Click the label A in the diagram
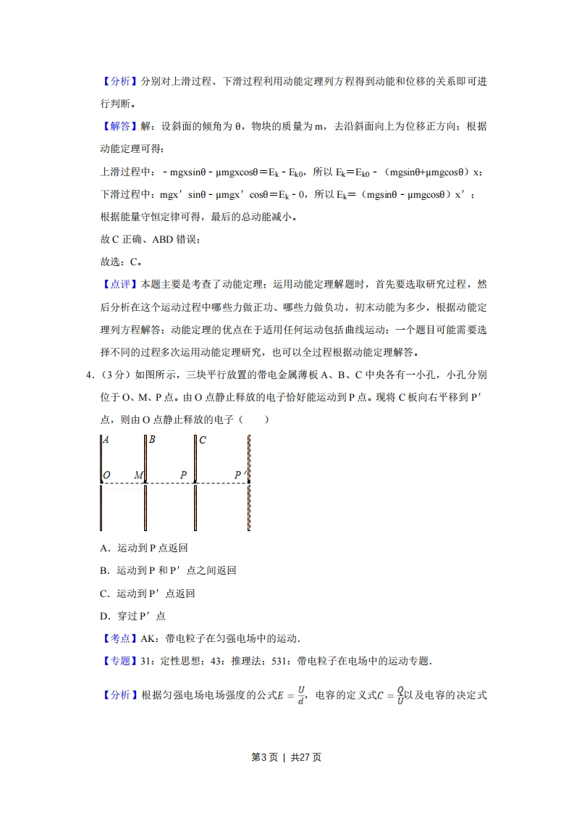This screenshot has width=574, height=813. [106, 440]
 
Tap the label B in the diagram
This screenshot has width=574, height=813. [152, 440]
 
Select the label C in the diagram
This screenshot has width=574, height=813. [203, 440]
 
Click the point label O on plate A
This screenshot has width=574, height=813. [107, 475]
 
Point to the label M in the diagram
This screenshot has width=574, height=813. [139, 475]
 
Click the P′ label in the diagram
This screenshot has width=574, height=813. [241, 475]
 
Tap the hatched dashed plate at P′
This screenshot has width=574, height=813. [249, 507]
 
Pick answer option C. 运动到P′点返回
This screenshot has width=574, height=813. [148, 593]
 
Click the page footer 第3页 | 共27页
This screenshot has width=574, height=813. [286, 757]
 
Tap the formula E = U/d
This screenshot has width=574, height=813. [290, 696]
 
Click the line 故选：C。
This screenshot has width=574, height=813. [120, 262]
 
